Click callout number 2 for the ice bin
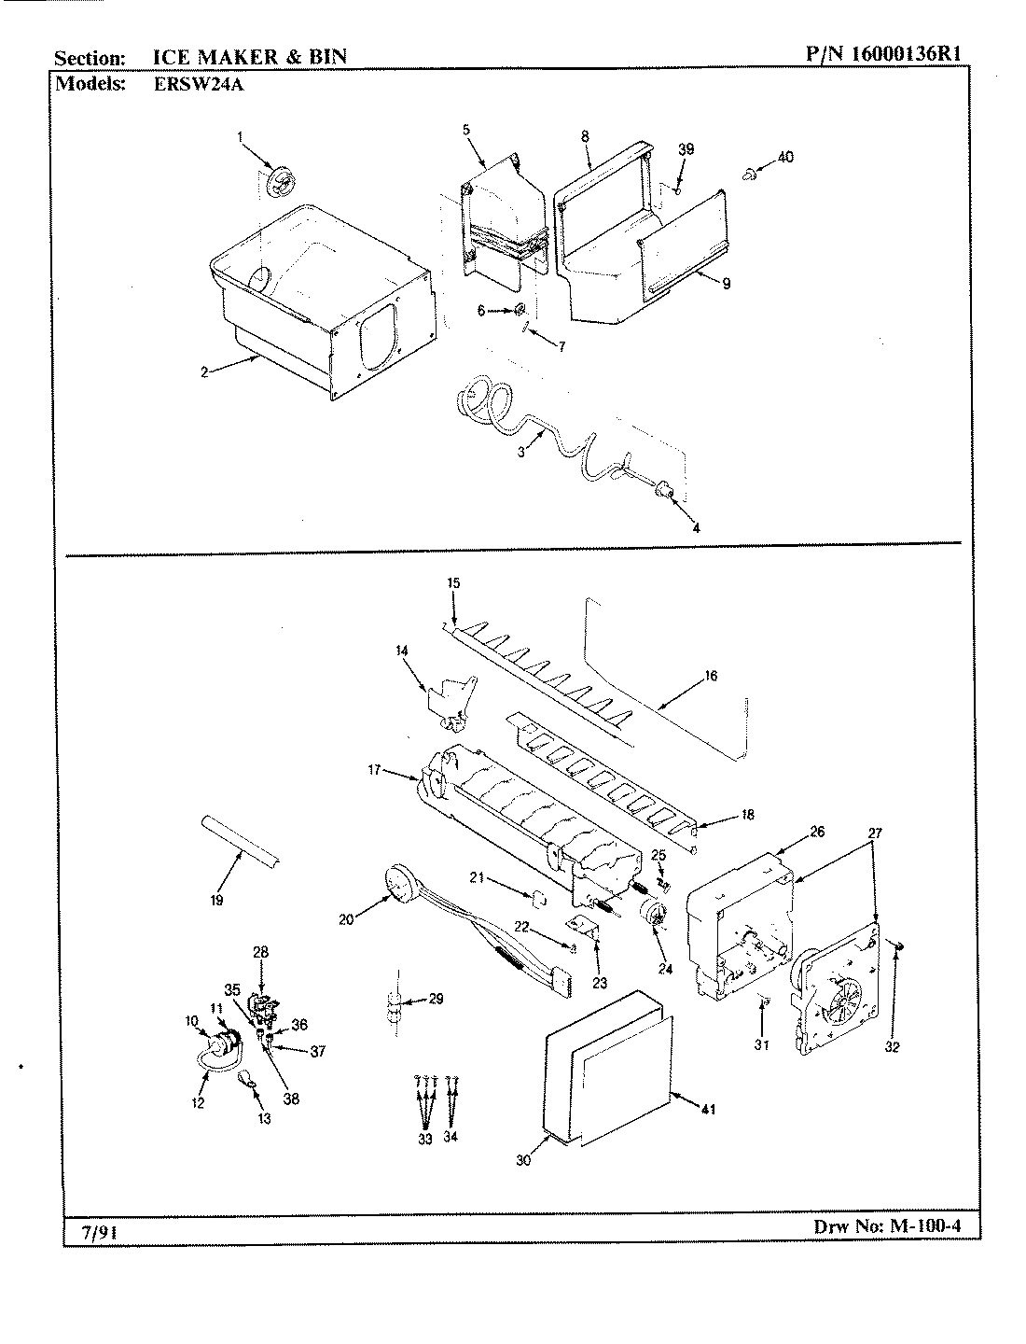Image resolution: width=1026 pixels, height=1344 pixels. click(202, 371)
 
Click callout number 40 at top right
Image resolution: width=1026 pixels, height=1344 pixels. click(785, 157)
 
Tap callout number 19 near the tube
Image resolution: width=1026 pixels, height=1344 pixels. click(216, 901)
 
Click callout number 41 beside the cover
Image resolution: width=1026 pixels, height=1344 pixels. click(710, 1110)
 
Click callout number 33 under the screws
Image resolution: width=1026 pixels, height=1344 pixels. click(425, 1139)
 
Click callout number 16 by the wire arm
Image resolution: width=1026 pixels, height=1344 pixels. click(711, 676)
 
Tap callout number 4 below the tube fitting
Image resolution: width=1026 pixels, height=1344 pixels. click(696, 527)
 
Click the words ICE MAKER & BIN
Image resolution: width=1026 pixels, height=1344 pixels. click(249, 56)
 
